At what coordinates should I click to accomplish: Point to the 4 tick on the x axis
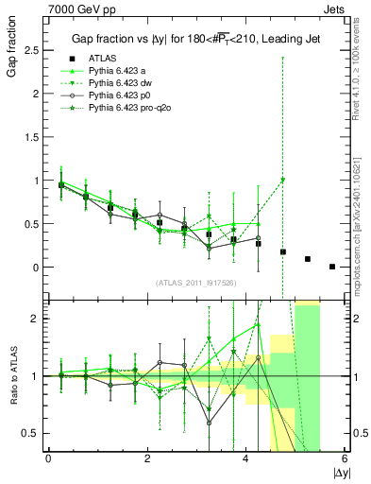click(246, 458)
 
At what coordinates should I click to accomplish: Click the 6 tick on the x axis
click(345, 458)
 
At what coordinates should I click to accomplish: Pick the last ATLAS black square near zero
click(332, 267)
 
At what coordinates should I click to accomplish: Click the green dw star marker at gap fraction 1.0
click(283, 180)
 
